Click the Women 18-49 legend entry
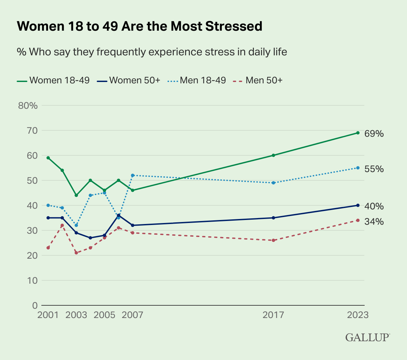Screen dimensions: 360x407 click(x=53, y=80)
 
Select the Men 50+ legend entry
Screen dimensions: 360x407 click(x=259, y=80)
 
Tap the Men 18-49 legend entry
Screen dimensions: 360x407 click(x=196, y=80)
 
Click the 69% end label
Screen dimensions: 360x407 click(x=374, y=134)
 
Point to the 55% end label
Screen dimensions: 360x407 click(x=374, y=169)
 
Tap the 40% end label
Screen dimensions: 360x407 click(x=374, y=206)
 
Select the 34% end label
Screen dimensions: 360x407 click(x=374, y=221)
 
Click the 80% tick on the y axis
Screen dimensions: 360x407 click(x=28, y=106)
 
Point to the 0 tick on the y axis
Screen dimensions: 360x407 click(x=35, y=305)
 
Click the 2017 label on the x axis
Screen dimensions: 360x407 click(x=273, y=315)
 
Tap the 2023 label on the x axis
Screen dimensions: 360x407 click(x=358, y=315)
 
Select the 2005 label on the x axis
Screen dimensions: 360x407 click(x=104, y=315)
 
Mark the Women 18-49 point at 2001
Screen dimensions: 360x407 click(x=48, y=158)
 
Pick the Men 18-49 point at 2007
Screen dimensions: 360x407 click(x=133, y=175)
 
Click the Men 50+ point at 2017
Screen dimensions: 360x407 click(x=273, y=240)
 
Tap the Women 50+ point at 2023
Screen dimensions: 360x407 click(x=358, y=205)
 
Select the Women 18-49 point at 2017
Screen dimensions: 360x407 click(x=273, y=155)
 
